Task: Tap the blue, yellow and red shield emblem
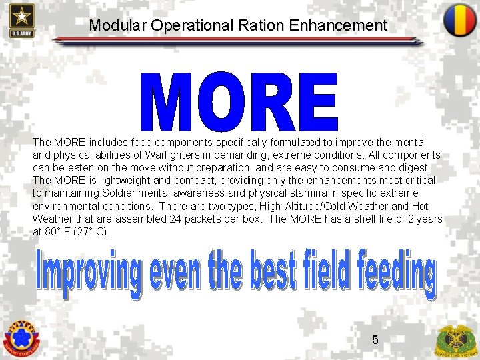(460, 20)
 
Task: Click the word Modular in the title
(118, 26)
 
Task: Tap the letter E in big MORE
(317, 103)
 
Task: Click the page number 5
(375, 340)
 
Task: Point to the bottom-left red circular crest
(21, 337)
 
